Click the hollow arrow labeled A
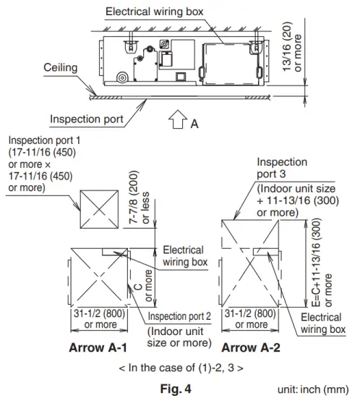point(178,119)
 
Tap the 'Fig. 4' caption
point(176,389)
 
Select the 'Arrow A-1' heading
point(98,347)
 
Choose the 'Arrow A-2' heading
point(251,347)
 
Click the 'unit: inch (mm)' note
point(313,389)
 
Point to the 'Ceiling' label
point(60,67)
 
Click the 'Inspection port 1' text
point(44,140)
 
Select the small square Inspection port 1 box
point(99,209)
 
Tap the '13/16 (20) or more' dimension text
point(292,48)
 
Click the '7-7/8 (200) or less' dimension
point(139,198)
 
